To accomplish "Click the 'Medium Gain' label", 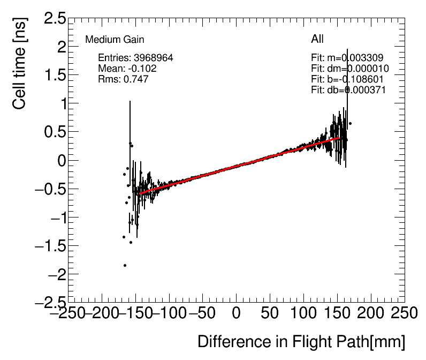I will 115,40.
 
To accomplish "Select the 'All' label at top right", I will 317,39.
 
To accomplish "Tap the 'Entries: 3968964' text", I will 135,58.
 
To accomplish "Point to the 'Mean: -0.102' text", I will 127,69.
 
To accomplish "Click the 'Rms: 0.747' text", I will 123,79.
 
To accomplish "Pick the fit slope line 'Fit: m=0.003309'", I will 347,58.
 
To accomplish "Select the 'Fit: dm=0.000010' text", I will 349,69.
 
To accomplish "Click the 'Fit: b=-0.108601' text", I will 347,79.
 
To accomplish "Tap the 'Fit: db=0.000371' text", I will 348,90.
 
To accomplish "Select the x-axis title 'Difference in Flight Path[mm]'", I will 301,342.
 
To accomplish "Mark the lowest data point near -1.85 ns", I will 125,265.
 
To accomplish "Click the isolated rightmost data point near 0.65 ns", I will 350,123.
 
